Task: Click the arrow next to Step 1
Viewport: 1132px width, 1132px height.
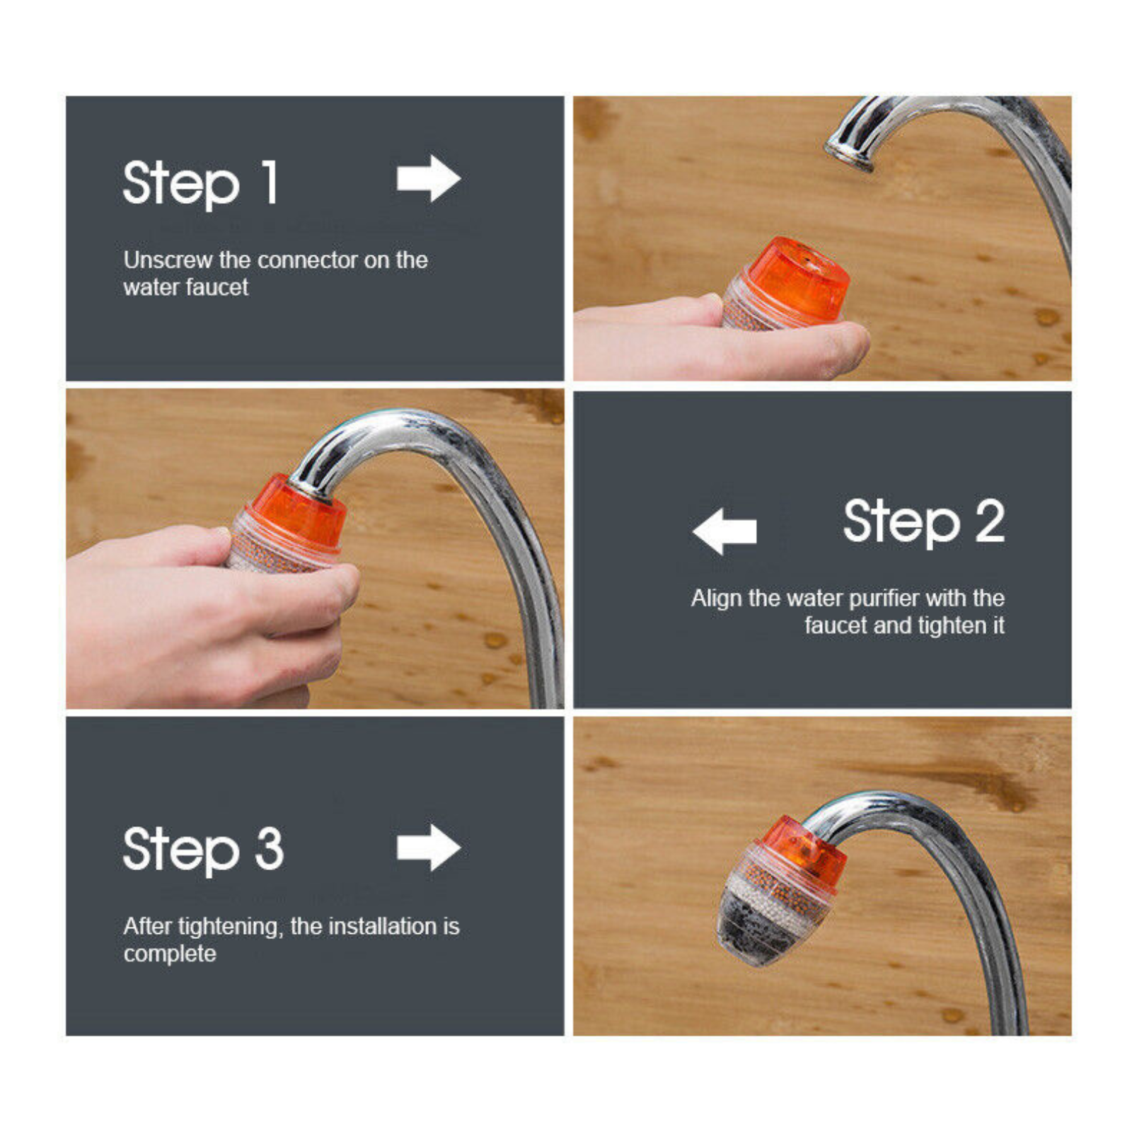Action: (x=429, y=178)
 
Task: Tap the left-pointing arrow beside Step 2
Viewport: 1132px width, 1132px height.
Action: (x=724, y=531)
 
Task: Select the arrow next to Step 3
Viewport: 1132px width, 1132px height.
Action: (x=429, y=847)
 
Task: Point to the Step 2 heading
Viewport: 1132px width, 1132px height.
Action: (x=924, y=522)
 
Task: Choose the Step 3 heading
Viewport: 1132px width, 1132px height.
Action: (x=203, y=850)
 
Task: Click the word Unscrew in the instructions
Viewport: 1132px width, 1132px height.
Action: (x=168, y=260)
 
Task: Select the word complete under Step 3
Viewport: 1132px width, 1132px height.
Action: (x=170, y=954)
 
